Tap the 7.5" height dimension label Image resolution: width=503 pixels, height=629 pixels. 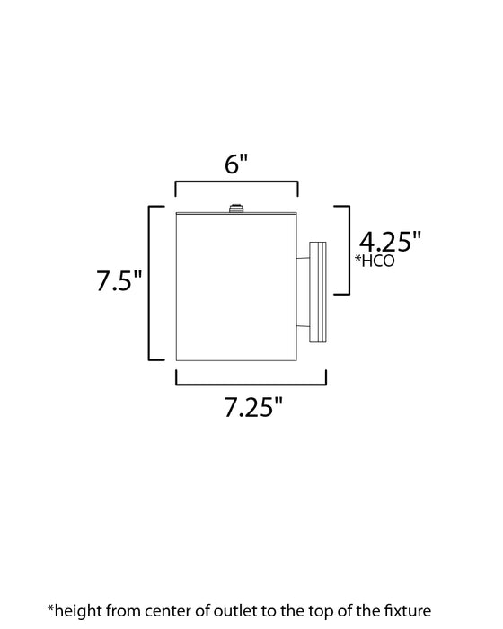click(120, 282)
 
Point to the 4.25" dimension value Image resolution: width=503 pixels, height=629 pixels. click(390, 242)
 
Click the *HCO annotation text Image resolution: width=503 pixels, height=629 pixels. click(375, 261)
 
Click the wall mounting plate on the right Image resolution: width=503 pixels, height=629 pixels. click(318, 291)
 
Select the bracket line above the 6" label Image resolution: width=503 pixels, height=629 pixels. click(236, 183)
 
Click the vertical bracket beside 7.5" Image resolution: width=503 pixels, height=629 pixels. click(151, 282)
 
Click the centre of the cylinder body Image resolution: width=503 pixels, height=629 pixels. click(236, 288)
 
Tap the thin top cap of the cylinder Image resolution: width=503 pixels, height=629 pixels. click(236, 216)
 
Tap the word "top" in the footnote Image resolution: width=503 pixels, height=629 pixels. click(333, 609)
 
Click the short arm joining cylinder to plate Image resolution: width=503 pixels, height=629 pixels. click(304, 290)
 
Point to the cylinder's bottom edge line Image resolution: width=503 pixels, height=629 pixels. click(236, 359)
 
